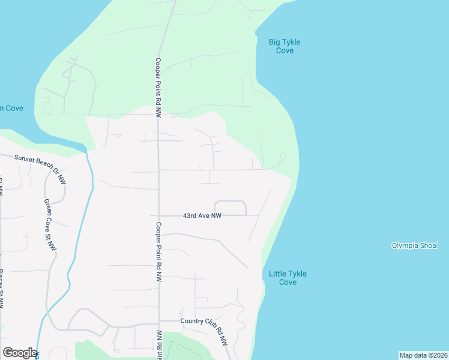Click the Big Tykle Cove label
coord(285,46)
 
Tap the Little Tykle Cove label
coord(288,278)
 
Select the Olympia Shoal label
coord(415,245)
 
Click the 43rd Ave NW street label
coord(202,215)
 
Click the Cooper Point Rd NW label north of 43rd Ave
coord(158,86)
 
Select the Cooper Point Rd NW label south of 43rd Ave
coord(159,252)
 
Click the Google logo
coord(20,353)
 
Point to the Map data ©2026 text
coord(423,355)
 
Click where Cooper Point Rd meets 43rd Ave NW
coord(158,215)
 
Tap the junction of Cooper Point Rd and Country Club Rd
coord(159,324)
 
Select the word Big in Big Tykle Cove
coord(275,42)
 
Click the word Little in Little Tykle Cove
coord(279,274)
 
